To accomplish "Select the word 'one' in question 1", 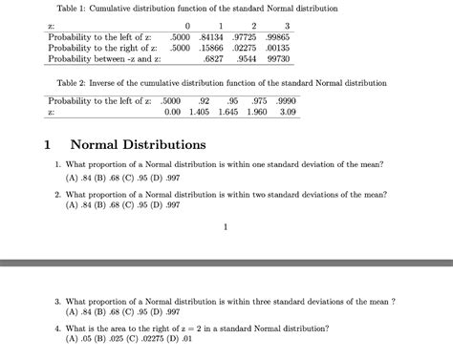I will [277, 164].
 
